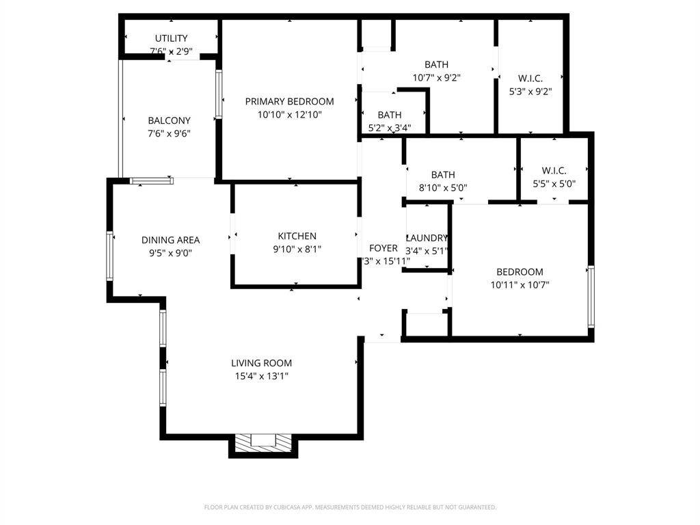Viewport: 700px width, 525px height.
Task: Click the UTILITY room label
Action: click(170, 38)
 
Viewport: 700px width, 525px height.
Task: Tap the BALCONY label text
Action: click(169, 121)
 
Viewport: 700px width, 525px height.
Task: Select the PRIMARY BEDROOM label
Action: click(289, 102)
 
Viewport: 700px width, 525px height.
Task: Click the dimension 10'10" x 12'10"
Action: click(289, 115)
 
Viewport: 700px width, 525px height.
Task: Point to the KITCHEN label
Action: click(297, 237)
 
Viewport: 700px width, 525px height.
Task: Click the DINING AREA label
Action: click(170, 240)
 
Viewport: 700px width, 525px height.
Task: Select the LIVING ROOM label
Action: click(261, 364)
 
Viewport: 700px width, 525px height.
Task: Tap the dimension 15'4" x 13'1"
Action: click(261, 376)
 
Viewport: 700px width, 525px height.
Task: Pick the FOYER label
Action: click(383, 248)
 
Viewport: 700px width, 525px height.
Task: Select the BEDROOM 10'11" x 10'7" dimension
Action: click(520, 285)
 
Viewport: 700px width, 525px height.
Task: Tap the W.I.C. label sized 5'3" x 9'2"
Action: click(530, 78)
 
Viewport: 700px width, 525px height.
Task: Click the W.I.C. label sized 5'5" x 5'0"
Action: click(554, 170)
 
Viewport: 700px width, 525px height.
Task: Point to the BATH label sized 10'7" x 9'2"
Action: click(436, 65)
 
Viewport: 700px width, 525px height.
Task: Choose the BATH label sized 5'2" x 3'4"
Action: click(390, 115)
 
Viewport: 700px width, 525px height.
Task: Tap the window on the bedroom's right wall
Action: click(591, 297)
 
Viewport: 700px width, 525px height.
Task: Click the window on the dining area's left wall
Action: click(109, 256)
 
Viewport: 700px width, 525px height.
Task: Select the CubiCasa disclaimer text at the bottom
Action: click(350, 507)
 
